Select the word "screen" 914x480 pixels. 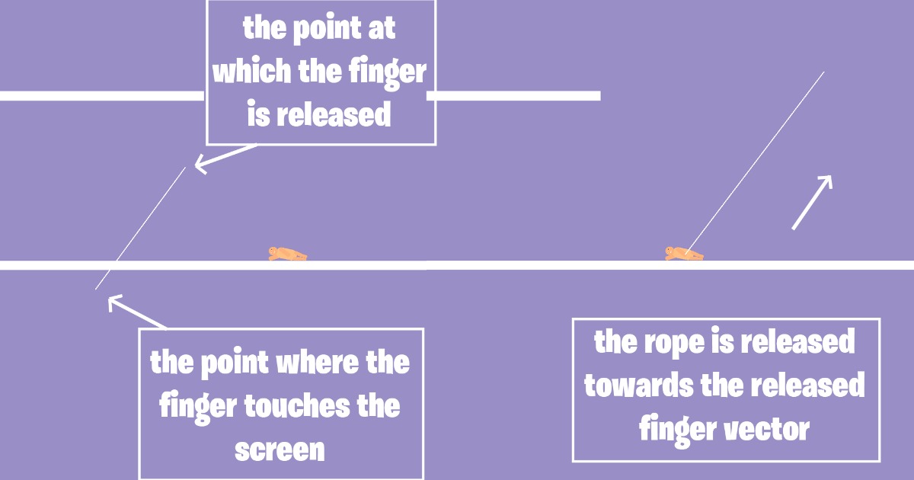[x=280, y=450]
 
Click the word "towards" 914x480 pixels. [x=637, y=386]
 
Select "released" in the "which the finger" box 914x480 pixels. [x=334, y=116]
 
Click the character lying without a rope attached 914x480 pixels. [x=287, y=254]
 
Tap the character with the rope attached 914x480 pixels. [x=684, y=254]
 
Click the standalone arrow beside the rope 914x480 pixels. [x=812, y=202]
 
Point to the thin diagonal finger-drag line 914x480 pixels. [x=141, y=228]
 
